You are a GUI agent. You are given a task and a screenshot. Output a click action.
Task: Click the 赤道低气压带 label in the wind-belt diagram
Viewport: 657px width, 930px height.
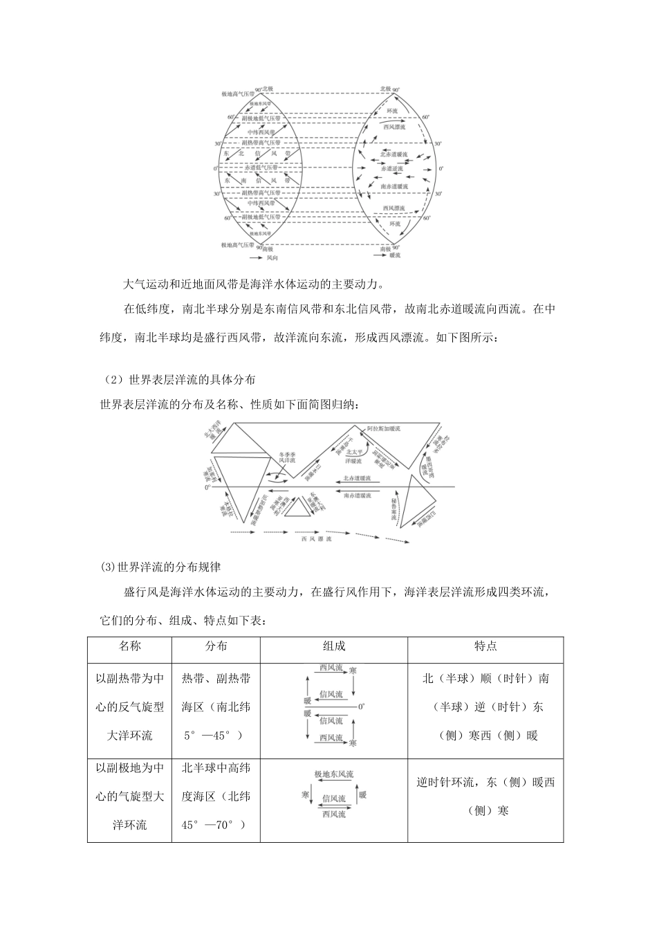coord(261,168)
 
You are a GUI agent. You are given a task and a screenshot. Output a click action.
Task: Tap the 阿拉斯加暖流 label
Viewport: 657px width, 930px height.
coord(384,428)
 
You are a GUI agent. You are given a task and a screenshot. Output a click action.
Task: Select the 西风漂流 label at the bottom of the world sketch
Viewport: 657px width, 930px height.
coord(315,538)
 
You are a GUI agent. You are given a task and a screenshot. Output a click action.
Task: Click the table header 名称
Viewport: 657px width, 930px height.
coord(129,646)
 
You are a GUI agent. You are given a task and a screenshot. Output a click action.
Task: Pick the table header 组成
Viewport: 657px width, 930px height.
coord(334,646)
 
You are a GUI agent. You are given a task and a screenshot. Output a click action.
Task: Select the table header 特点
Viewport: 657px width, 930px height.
coord(485,646)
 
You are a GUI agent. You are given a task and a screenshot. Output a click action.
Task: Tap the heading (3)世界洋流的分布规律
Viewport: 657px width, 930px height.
coord(160,566)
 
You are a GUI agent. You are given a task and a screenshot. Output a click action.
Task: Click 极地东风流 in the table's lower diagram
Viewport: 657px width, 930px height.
coord(333,774)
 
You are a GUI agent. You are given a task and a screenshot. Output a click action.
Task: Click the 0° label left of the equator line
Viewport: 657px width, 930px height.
coord(207,488)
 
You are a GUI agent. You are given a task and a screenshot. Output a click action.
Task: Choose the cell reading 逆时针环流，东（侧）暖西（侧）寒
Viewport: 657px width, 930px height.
coord(485,796)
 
